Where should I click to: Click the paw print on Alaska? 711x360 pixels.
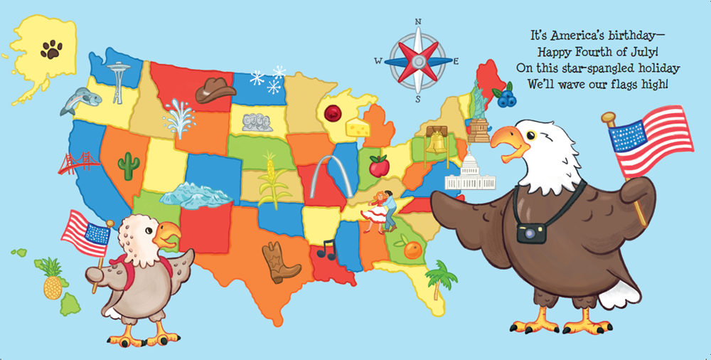pos(51,49)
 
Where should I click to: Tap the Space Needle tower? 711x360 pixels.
pos(118,80)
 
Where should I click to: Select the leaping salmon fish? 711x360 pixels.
pos(75,101)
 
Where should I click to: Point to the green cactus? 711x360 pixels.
pos(129,166)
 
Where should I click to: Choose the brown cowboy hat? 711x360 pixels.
pos(215,90)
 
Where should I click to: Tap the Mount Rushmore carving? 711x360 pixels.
pos(257,122)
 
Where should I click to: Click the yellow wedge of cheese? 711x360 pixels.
pos(358,127)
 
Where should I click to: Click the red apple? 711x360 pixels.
pos(379,166)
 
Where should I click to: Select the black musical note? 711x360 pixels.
pos(326,248)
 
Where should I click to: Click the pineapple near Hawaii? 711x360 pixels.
pos(53,279)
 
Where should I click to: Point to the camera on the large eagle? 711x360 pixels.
pos(531,233)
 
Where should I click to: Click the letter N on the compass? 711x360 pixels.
pos(418,22)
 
